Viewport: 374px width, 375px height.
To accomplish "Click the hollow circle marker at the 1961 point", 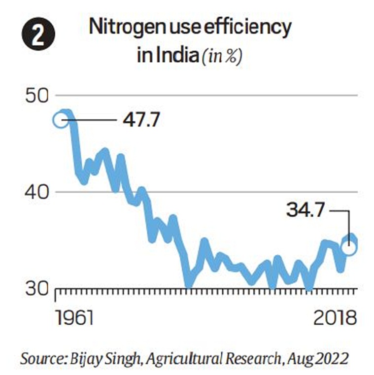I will [x=61, y=120].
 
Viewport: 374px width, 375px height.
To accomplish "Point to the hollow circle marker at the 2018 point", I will [x=349, y=247].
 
